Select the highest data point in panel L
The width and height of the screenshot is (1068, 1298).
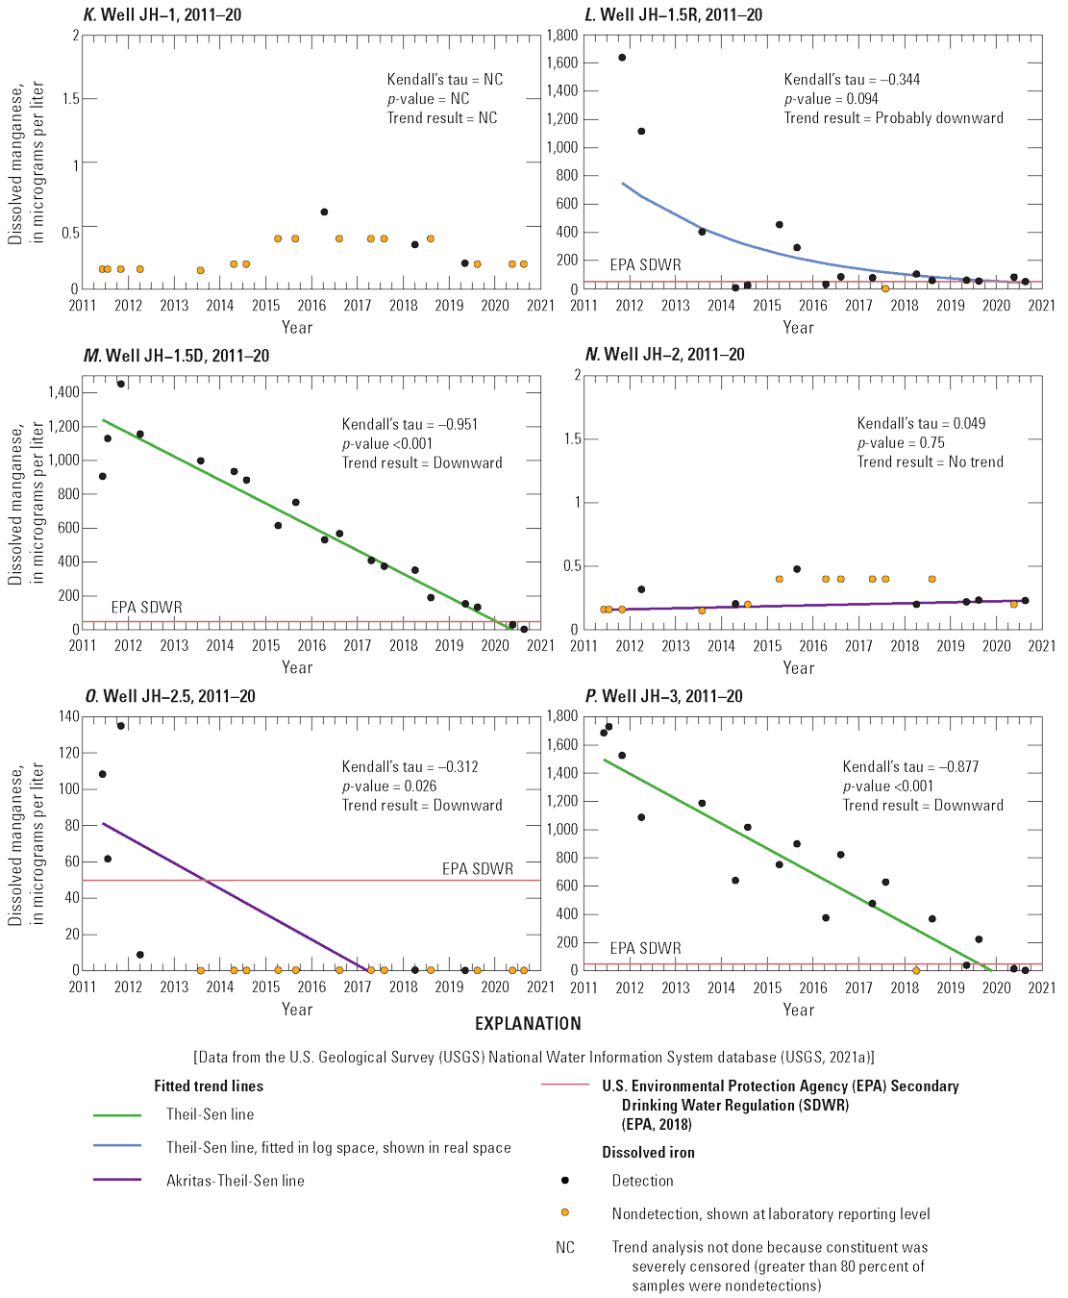click(x=622, y=58)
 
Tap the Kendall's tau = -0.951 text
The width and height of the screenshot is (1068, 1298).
click(x=410, y=424)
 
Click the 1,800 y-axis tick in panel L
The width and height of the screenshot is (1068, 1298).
click(x=562, y=36)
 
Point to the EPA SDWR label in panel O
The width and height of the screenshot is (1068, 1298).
click(x=478, y=868)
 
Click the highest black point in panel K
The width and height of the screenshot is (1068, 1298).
click(x=324, y=212)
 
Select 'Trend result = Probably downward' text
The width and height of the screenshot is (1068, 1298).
click(x=893, y=117)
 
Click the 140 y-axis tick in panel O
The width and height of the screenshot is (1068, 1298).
click(x=69, y=716)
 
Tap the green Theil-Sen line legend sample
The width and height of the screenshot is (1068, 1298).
click(x=117, y=1114)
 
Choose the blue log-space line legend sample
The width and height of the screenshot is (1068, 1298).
click(x=117, y=1147)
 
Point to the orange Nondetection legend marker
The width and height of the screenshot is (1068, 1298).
click(x=565, y=1213)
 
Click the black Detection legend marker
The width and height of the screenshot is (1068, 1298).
click(x=565, y=1181)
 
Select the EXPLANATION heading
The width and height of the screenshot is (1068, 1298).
click(x=528, y=1024)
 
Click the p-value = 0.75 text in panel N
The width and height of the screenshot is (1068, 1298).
click(x=901, y=442)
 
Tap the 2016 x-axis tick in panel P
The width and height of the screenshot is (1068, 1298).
click(x=813, y=987)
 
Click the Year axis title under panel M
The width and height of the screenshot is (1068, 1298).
click(x=297, y=667)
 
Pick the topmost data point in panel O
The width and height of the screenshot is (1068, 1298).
click(x=121, y=726)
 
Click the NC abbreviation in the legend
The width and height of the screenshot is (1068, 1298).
click(x=565, y=1247)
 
